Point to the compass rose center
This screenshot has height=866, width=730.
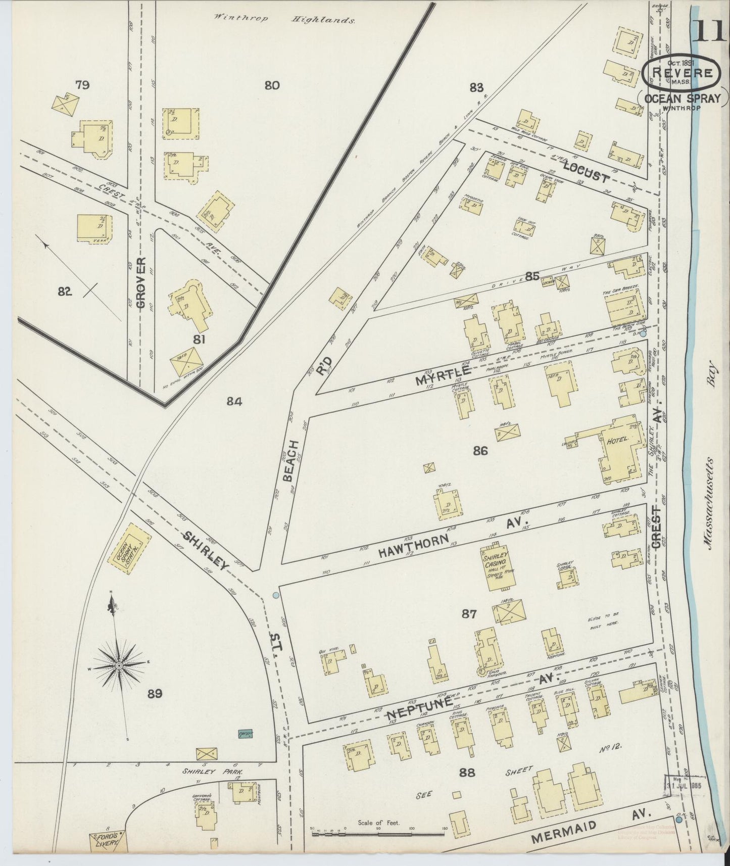tap(118, 666)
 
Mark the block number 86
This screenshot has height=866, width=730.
tap(480, 451)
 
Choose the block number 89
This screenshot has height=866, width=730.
tap(155, 694)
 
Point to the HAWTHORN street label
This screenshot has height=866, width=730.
tap(414, 546)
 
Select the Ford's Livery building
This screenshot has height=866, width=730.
tap(106, 842)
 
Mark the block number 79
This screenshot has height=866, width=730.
tap(82, 85)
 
